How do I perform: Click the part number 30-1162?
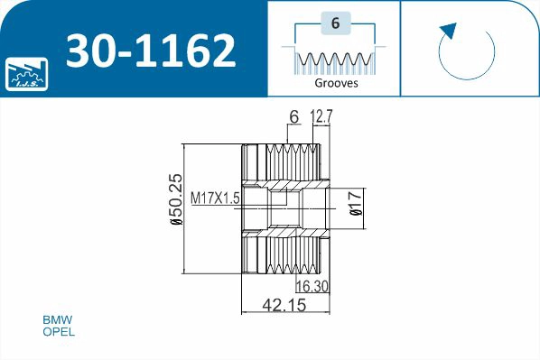click(151, 52)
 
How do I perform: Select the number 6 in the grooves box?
click(335, 24)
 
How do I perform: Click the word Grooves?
click(336, 82)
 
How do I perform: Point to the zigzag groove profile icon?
click(335, 60)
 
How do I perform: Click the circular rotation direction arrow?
click(466, 52)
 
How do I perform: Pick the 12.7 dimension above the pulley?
click(322, 115)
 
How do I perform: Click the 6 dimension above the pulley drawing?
click(293, 115)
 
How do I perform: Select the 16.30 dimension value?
click(310, 286)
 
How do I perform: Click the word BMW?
click(58, 320)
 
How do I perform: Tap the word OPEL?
click(60, 332)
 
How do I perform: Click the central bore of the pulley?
click(284, 208)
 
